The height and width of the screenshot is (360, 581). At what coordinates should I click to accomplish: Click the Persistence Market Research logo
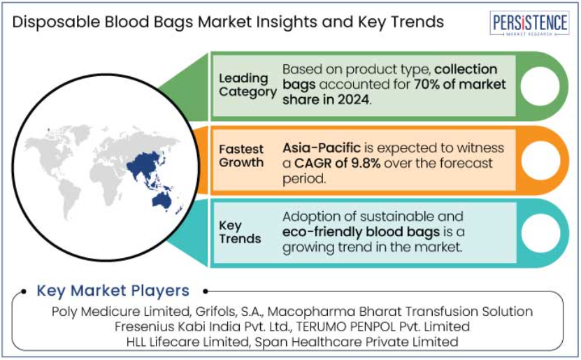pos(529,23)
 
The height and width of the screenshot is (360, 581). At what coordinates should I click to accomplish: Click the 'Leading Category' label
pos(248,85)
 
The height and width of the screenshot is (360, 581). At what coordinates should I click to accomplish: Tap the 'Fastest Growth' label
pos(241,156)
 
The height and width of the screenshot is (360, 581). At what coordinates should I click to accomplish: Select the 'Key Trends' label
pos(240,232)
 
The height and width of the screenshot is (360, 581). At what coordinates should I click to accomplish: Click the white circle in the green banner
pos(540,86)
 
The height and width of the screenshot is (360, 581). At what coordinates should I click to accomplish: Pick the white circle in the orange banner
pos(540,160)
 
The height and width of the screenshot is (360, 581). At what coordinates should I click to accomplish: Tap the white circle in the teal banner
pos(540,233)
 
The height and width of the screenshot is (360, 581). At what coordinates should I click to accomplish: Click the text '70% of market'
pos(460,85)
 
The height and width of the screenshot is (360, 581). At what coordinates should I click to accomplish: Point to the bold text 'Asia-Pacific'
pos(322,147)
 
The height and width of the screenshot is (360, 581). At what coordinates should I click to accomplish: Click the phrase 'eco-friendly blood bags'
pos(361,232)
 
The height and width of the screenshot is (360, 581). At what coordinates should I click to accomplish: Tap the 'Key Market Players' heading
pos(113,291)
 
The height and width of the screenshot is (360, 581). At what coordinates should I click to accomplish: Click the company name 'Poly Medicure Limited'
pos(120,312)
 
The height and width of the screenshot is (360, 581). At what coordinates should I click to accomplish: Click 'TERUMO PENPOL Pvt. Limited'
pos(382,326)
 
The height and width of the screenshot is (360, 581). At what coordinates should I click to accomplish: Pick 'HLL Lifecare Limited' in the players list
pos(188,342)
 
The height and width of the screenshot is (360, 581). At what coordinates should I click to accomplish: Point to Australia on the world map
pos(162,201)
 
